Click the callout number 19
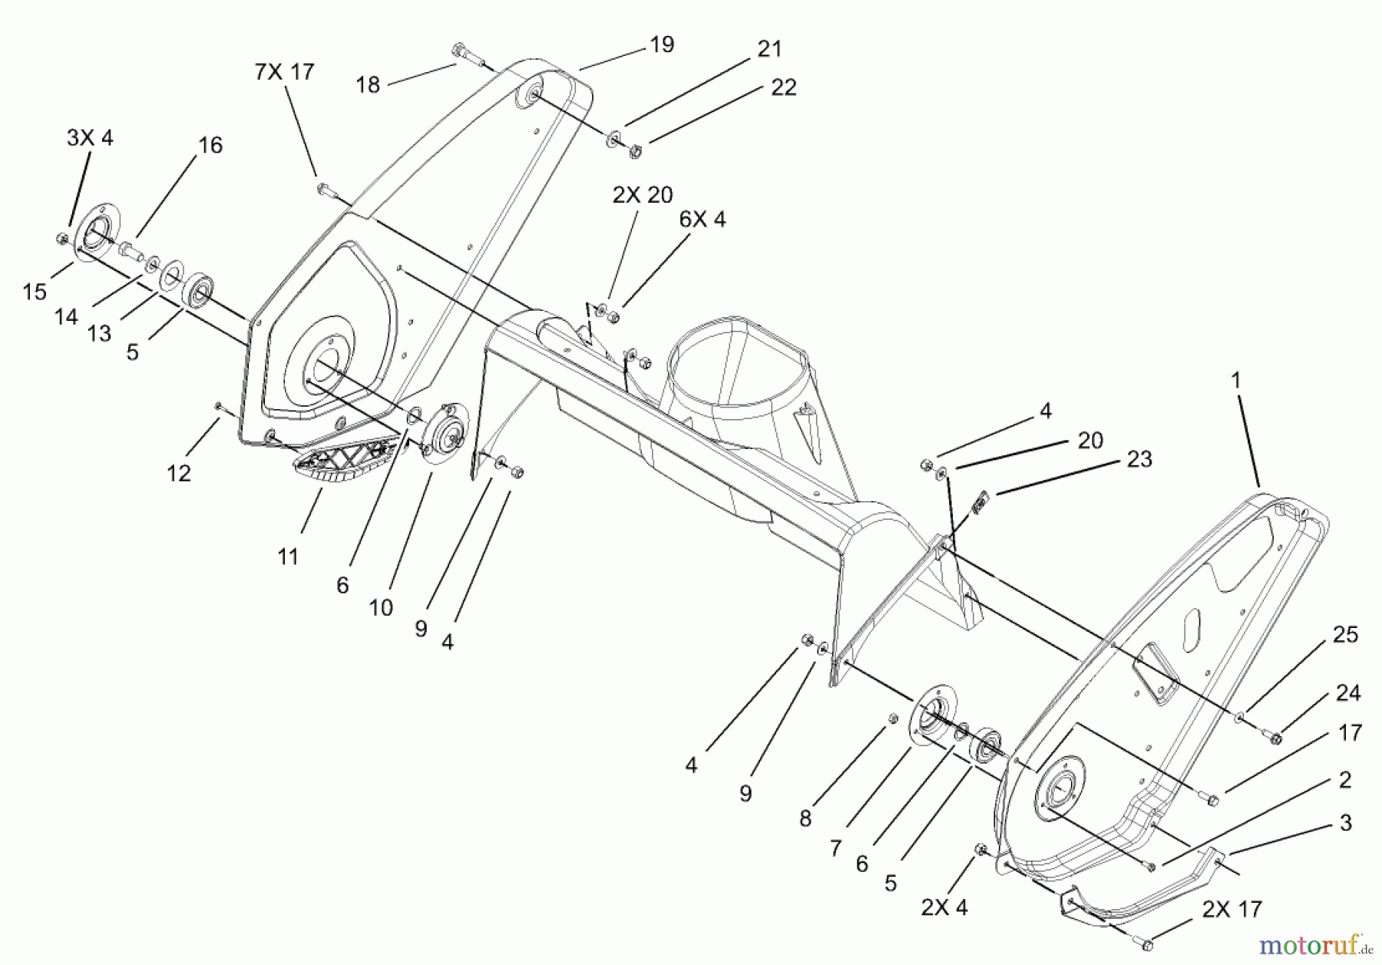coord(661,45)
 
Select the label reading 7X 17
coord(284,72)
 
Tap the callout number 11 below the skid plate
coord(288,556)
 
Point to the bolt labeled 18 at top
coord(465,55)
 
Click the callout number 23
coord(1139,459)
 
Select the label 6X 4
coord(702,220)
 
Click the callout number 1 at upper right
coord(1235,380)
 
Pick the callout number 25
coord(1345,634)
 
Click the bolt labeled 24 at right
coord(1275,739)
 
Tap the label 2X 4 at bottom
coord(944,907)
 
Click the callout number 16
coord(210,145)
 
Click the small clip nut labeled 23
coord(980,505)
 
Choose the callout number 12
coord(178,474)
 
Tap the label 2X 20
coord(642,195)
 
